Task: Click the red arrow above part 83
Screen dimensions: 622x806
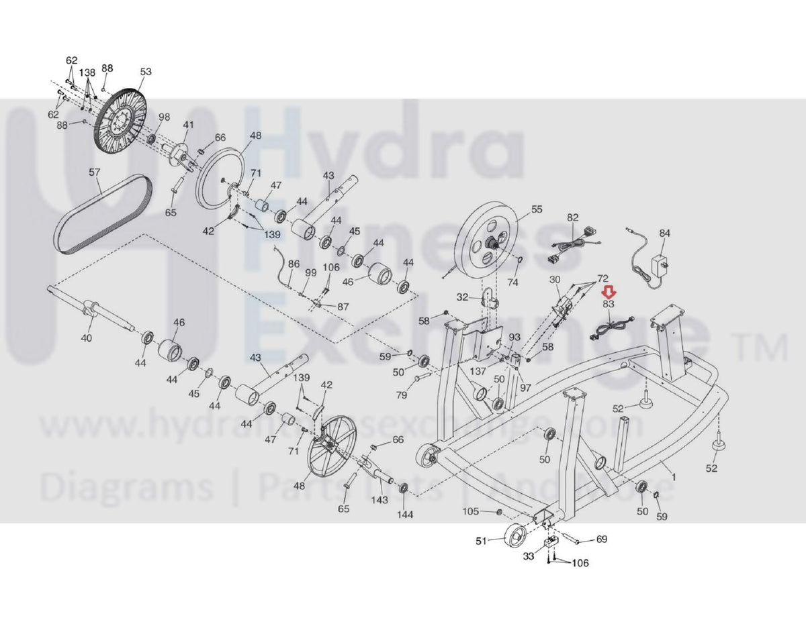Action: [609, 292]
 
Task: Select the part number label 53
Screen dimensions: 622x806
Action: [146, 72]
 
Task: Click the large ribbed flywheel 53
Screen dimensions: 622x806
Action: [121, 127]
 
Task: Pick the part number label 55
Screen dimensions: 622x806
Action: [536, 209]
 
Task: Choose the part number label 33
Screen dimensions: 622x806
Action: [529, 556]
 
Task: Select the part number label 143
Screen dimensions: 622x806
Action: [379, 499]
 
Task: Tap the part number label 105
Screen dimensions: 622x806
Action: [471, 512]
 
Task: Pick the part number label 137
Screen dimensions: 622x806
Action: [478, 371]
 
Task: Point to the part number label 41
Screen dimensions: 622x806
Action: [188, 125]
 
